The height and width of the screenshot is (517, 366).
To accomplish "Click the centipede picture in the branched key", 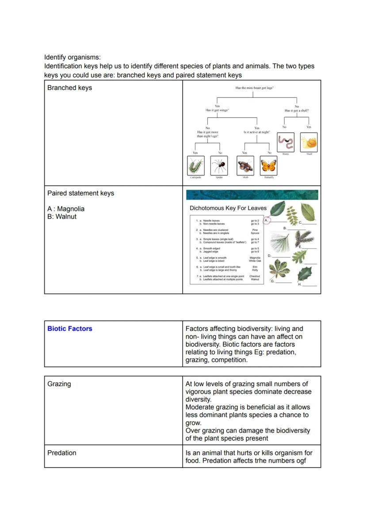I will click(x=195, y=166).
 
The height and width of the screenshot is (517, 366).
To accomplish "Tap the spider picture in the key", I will click(x=219, y=166).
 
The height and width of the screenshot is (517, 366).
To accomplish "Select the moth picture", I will click(x=245, y=166).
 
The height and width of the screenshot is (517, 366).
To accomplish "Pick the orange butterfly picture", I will click(x=268, y=166).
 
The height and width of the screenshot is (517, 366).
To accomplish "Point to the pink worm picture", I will click(x=286, y=142).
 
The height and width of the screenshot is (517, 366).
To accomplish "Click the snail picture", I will click(x=309, y=142).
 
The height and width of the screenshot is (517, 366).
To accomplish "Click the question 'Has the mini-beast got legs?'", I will click(x=255, y=88).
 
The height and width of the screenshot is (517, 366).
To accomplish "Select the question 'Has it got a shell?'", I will click(x=297, y=111).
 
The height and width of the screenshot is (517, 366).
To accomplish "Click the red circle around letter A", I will click(x=267, y=220).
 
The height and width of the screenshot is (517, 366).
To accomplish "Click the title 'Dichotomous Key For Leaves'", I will click(x=228, y=208).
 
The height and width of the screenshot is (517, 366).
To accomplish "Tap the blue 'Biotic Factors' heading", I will click(x=70, y=329).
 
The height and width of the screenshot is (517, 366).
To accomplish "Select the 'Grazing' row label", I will click(x=59, y=384).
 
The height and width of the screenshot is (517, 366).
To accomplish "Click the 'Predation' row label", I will click(x=61, y=453).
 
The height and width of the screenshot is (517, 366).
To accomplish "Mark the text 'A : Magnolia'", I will click(x=66, y=209).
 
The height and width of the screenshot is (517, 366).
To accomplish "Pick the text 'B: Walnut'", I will click(x=62, y=217).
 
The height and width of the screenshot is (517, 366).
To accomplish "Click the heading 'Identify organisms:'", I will click(x=72, y=57).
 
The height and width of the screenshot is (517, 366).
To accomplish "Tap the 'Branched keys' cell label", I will click(x=69, y=88).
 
